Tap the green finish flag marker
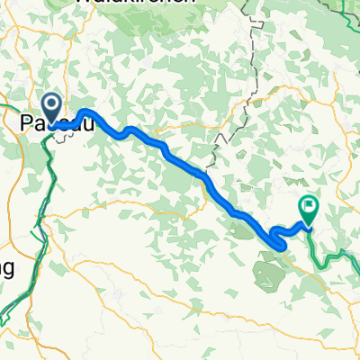point(309,210)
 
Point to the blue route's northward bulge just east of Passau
point(85,112)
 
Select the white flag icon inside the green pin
point(309,206)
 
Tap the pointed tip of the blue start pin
point(52,123)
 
